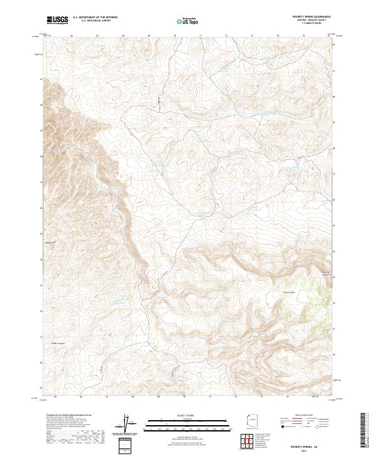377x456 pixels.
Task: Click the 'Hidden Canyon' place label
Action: pos(58,343)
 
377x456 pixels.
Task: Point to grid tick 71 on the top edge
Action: pos(200,36)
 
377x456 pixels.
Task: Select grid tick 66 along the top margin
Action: pos(72,36)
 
